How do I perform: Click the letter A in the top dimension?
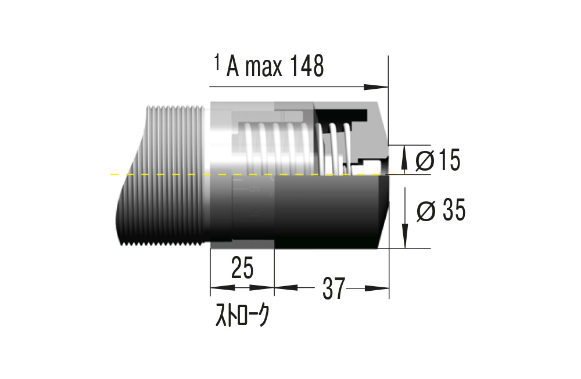point(233,68)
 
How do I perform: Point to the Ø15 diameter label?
point(439,161)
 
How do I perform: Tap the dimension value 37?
point(334,288)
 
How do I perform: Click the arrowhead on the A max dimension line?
point(377,87)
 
